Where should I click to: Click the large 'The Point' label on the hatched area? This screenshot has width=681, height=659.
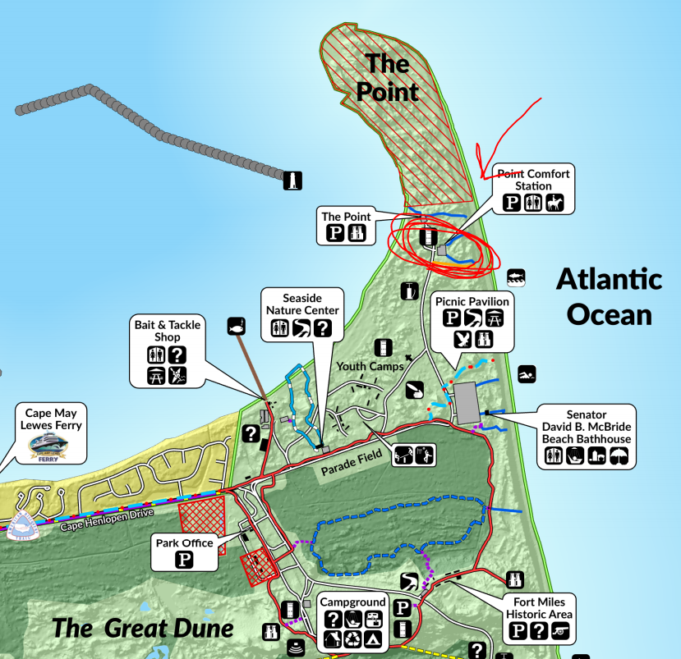[x=392, y=76]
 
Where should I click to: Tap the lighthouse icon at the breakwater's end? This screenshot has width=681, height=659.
[x=292, y=181]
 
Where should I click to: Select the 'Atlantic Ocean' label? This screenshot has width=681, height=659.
[x=609, y=296]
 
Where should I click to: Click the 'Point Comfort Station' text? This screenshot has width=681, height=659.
[x=534, y=180]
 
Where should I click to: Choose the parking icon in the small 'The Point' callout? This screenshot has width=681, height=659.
[x=335, y=233]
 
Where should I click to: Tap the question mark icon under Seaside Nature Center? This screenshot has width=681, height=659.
[x=323, y=328]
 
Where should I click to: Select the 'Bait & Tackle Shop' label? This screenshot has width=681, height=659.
[x=168, y=332]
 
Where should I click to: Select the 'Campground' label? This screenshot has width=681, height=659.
[x=353, y=602]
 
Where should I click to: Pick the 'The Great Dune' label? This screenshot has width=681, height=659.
[x=143, y=629]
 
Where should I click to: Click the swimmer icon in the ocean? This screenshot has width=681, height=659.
[x=527, y=375]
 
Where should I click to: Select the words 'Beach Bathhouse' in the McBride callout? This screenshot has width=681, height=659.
[x=587, y=438]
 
